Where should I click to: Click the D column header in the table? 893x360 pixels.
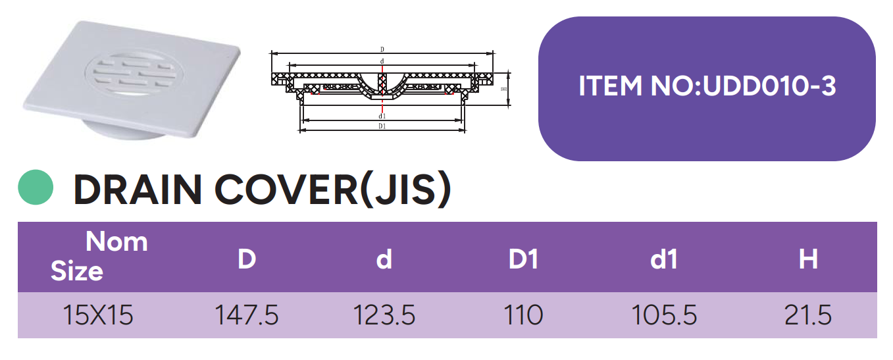pos(246,259)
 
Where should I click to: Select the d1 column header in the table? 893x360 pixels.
pos(663,259)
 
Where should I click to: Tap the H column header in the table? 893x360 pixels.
pos(807,259)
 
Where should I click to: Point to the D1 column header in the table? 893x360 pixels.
pos(523,259)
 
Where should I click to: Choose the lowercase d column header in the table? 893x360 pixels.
pos(384,259)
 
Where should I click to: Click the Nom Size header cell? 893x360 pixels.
pos(99,257)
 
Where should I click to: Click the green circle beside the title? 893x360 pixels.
pos(36,187)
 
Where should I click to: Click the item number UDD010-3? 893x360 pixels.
pos(770,86)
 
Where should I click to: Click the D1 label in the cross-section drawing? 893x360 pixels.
pos(382,127)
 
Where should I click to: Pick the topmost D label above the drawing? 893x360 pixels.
pos(382,49)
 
